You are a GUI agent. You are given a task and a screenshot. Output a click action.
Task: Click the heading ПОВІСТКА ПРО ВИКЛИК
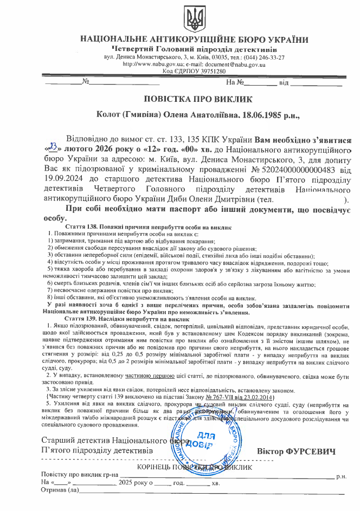point(190,99)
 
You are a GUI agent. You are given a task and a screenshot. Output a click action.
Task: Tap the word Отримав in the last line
point(53,491)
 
